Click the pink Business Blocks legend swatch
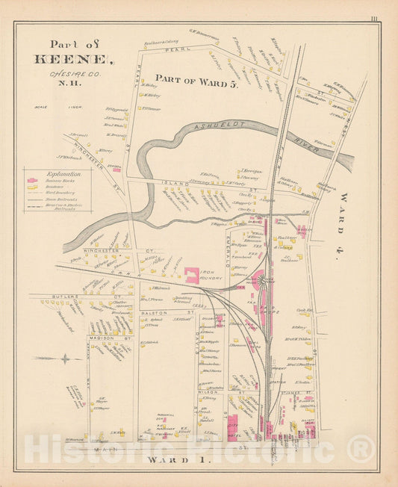tap(32, 181)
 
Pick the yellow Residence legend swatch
tap(32, 187)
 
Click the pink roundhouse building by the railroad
tap(262, 282)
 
